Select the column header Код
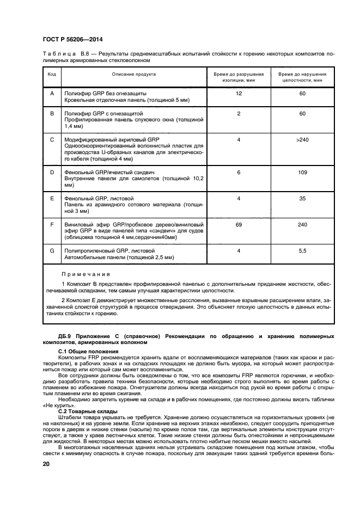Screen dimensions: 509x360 pyautogui.click(x=52, y=74)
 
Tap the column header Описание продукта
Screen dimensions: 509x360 pyautogui.click(x=134, y=74)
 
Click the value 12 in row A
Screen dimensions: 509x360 pyautogui.click(x=239, y=94)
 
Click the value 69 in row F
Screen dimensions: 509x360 pyautogui.click(x=239, y=224)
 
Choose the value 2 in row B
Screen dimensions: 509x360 pyautogui.click(x=239, y=113)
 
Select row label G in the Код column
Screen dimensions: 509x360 pyautogui.click(x=52, y=250)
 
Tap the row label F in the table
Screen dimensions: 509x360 pyautogui.click(x=52, y=224)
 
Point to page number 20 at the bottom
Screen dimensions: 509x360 pyautogui.click(x=47, y=464)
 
